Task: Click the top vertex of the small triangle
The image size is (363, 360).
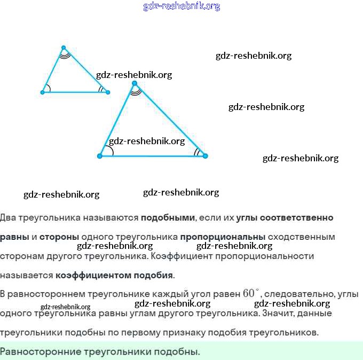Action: (64, 48)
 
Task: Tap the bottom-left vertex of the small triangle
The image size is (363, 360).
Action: (43, 92)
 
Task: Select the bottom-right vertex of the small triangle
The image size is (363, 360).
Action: (108, 92)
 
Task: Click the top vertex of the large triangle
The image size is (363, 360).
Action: (135, 83)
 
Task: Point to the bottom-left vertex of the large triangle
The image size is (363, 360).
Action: (100, 156)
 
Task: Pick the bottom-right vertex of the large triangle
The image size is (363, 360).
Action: (206, 156)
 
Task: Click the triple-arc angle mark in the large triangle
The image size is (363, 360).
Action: (136, 91)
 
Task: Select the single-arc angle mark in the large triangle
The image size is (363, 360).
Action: (109, 151)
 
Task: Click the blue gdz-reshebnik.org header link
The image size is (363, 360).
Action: (181, 6)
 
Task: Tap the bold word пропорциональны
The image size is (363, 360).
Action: (223, 237)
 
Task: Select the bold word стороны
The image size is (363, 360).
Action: (59, 237)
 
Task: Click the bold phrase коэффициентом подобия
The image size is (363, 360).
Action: (114, 276)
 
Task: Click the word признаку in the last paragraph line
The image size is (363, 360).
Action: (204, 332)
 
